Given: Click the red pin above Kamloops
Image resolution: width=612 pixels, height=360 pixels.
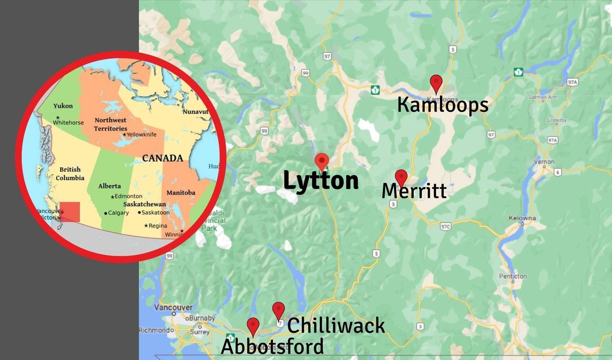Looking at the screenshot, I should point(436,83).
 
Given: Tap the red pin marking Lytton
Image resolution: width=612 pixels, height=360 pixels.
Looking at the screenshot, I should point(321,161).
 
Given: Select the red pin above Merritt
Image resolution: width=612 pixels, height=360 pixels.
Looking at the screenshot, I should point(401,177).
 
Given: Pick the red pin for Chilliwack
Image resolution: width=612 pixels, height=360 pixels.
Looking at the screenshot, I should point(278,310).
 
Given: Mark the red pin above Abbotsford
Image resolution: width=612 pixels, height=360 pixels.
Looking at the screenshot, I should point(253,325).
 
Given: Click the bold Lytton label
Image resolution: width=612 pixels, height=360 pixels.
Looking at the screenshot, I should point(320,182).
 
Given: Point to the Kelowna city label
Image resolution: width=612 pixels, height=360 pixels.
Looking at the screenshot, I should point(522,218).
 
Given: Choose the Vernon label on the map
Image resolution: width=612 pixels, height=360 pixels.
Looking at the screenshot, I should point(544,162).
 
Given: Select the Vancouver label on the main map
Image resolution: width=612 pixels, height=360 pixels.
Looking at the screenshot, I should point(173,307).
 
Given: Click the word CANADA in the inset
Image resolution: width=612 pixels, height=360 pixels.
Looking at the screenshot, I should point(162,158).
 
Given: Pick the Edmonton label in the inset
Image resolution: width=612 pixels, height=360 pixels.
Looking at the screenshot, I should point(129,196).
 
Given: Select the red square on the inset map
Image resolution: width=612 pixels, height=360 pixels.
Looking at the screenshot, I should point(70,212).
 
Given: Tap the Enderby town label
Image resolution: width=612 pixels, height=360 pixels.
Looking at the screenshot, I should point(556,120).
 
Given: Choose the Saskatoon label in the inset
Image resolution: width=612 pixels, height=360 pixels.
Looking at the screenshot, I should point(155,212).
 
